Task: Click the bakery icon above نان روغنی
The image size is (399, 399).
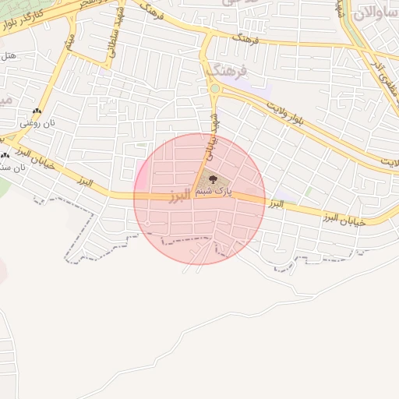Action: point(37,111)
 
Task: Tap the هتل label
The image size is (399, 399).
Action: point(9,56)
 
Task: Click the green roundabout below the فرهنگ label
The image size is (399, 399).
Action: point(214,90)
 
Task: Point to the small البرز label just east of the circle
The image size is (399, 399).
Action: point(274,204)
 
